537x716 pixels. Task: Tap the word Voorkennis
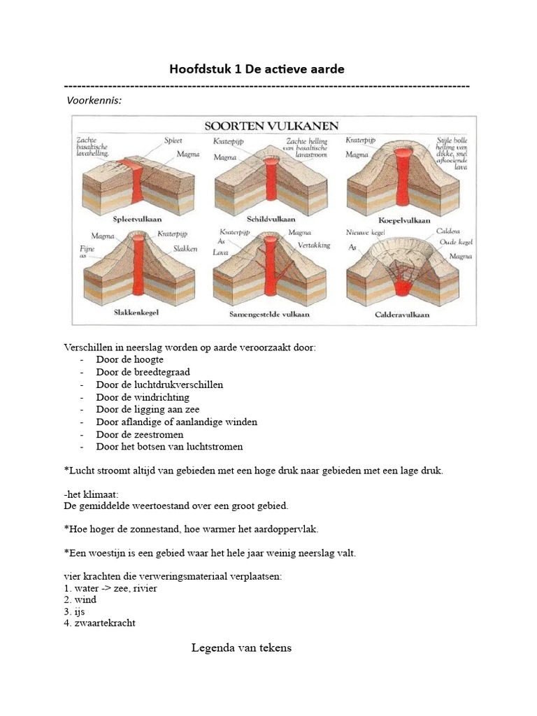[94, 101]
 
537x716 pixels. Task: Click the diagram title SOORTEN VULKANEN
[271, 127]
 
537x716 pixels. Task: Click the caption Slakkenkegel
[136, 313]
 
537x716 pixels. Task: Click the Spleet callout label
[173, 141]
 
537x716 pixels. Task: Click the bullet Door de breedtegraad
[143, 372]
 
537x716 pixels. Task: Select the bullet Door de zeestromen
[140, 434]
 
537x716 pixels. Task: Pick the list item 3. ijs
[73, 612]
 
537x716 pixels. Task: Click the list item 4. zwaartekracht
[99, 624]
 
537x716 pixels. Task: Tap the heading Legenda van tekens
[241, 648]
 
